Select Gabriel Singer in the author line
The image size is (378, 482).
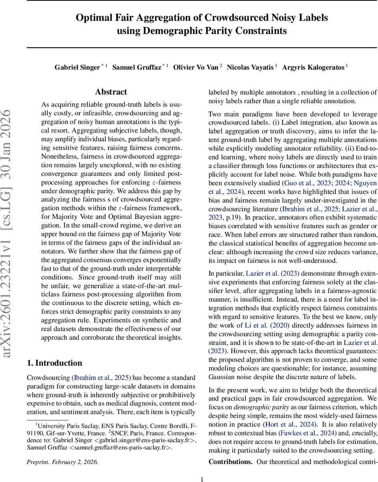pos(77,67)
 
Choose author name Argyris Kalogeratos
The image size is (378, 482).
pos(313,67)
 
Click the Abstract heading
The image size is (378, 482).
pos(111,92)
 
